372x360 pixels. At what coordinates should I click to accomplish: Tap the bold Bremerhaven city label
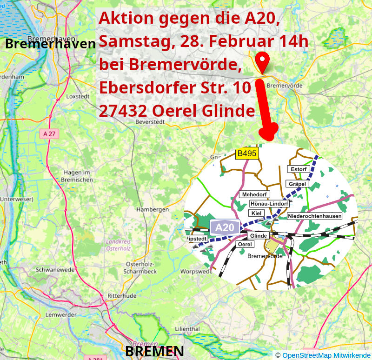tap(50, 44)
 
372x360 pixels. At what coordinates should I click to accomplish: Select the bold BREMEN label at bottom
tap(154, 351)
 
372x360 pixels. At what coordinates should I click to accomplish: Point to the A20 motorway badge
tap(225, 227)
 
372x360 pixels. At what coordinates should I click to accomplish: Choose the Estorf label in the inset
tap(299, 169)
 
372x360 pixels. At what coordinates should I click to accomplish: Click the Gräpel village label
tap(297, 184)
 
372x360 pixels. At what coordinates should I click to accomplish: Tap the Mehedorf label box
tap(253, 194)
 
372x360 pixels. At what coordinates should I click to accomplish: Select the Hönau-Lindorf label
tap(269, 204)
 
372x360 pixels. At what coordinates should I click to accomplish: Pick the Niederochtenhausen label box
tap(315, 216)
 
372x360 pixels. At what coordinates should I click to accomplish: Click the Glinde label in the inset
tap(259, 236)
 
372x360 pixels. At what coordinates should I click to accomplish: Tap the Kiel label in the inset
tap(255, 213)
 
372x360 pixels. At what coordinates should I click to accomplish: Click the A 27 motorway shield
tap(49, 134)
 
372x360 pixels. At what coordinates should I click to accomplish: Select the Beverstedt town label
tap(150, 121)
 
